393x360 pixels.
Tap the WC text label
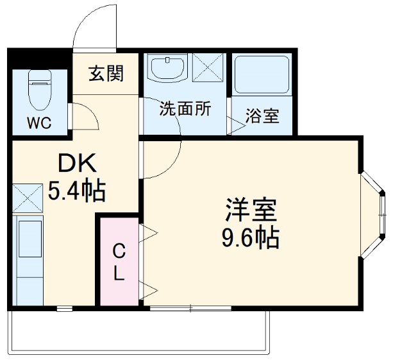38,122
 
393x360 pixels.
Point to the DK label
77,164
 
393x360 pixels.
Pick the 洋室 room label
250,209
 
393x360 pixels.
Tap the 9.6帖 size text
250,238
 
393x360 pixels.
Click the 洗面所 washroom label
185,108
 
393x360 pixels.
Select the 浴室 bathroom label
262,117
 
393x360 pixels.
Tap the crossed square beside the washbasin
207,67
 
